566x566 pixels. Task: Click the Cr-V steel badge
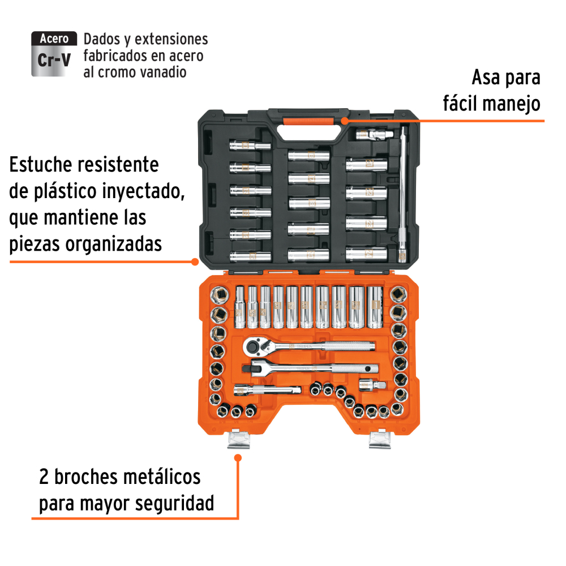pos(54,54)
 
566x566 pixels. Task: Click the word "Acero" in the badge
pos(54,38)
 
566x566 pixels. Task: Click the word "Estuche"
pos(41,165)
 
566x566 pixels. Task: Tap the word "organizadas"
pos(113,245)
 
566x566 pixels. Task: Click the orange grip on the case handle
pos(308,121)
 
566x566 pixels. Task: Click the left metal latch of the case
pos(238,439)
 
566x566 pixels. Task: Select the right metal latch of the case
pos(380,439)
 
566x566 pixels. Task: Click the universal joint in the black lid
pos(375,135)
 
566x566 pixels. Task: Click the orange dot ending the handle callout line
pos(345,121)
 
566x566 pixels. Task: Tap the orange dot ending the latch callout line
pos(238,458)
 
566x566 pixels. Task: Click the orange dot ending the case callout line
pos(195,261)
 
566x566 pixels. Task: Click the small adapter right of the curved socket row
pos(372,385)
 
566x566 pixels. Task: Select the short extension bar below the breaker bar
pos(268,390)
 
